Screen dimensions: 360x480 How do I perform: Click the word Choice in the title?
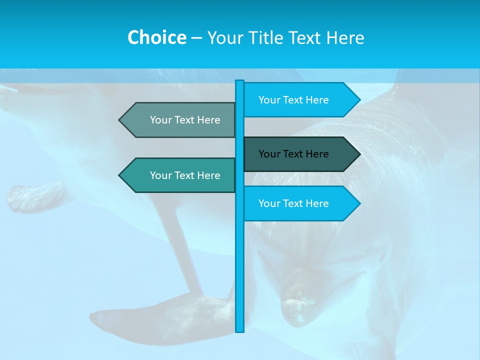click(156, 38)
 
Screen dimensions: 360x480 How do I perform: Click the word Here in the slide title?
click(345, 38)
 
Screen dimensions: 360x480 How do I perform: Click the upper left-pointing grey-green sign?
click(180, 120)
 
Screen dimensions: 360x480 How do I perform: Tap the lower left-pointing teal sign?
click(180, 175)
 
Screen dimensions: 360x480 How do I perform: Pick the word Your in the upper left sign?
click(160, 120)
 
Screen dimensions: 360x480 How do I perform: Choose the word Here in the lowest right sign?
click(317, 203)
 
